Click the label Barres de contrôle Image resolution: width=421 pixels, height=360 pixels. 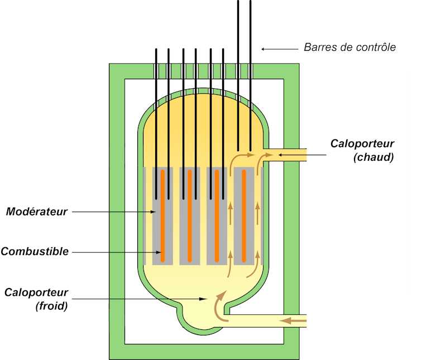coord(350,47)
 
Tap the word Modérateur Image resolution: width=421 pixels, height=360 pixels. coord(36,212)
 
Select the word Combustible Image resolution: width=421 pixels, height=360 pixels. coord(35,252)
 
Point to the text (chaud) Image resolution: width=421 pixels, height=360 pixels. coord(374,157)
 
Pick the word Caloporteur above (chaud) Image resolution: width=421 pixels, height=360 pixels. coord(362,143)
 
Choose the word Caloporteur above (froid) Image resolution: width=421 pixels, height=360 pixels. coord(36,292)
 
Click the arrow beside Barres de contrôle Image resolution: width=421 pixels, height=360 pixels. coord(279,49)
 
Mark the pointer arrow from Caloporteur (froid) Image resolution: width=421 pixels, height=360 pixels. coord(140,299)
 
